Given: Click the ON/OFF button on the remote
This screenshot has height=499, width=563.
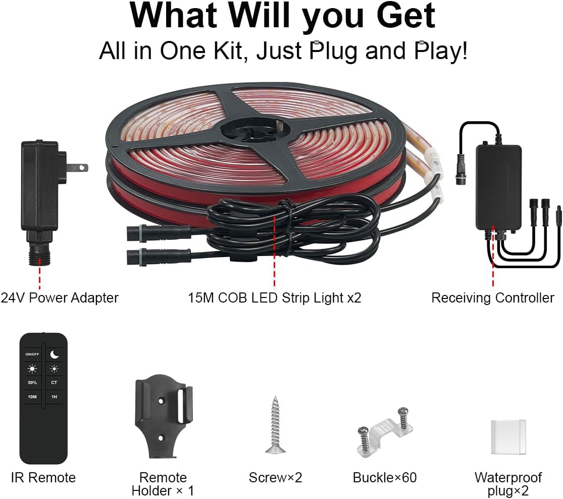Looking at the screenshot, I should pos(32,354).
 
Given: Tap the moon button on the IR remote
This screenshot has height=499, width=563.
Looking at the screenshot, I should pos(54,354).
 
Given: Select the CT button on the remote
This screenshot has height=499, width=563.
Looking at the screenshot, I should pos(54,382).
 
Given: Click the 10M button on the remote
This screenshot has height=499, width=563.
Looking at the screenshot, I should pos(32,397).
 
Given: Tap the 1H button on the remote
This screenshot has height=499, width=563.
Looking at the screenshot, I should pos(54,397).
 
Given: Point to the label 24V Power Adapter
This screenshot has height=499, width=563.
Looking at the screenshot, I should pos(60,297).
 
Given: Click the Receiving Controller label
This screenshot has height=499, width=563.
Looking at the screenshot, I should pos(492,298).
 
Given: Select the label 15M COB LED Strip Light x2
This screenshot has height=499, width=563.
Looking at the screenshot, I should pos(275,298).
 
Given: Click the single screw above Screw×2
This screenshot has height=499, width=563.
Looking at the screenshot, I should pos(275,424).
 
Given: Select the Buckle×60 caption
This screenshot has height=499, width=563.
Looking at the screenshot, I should pos(385,477).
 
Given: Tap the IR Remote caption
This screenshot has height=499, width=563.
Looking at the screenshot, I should pos(43,477).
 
